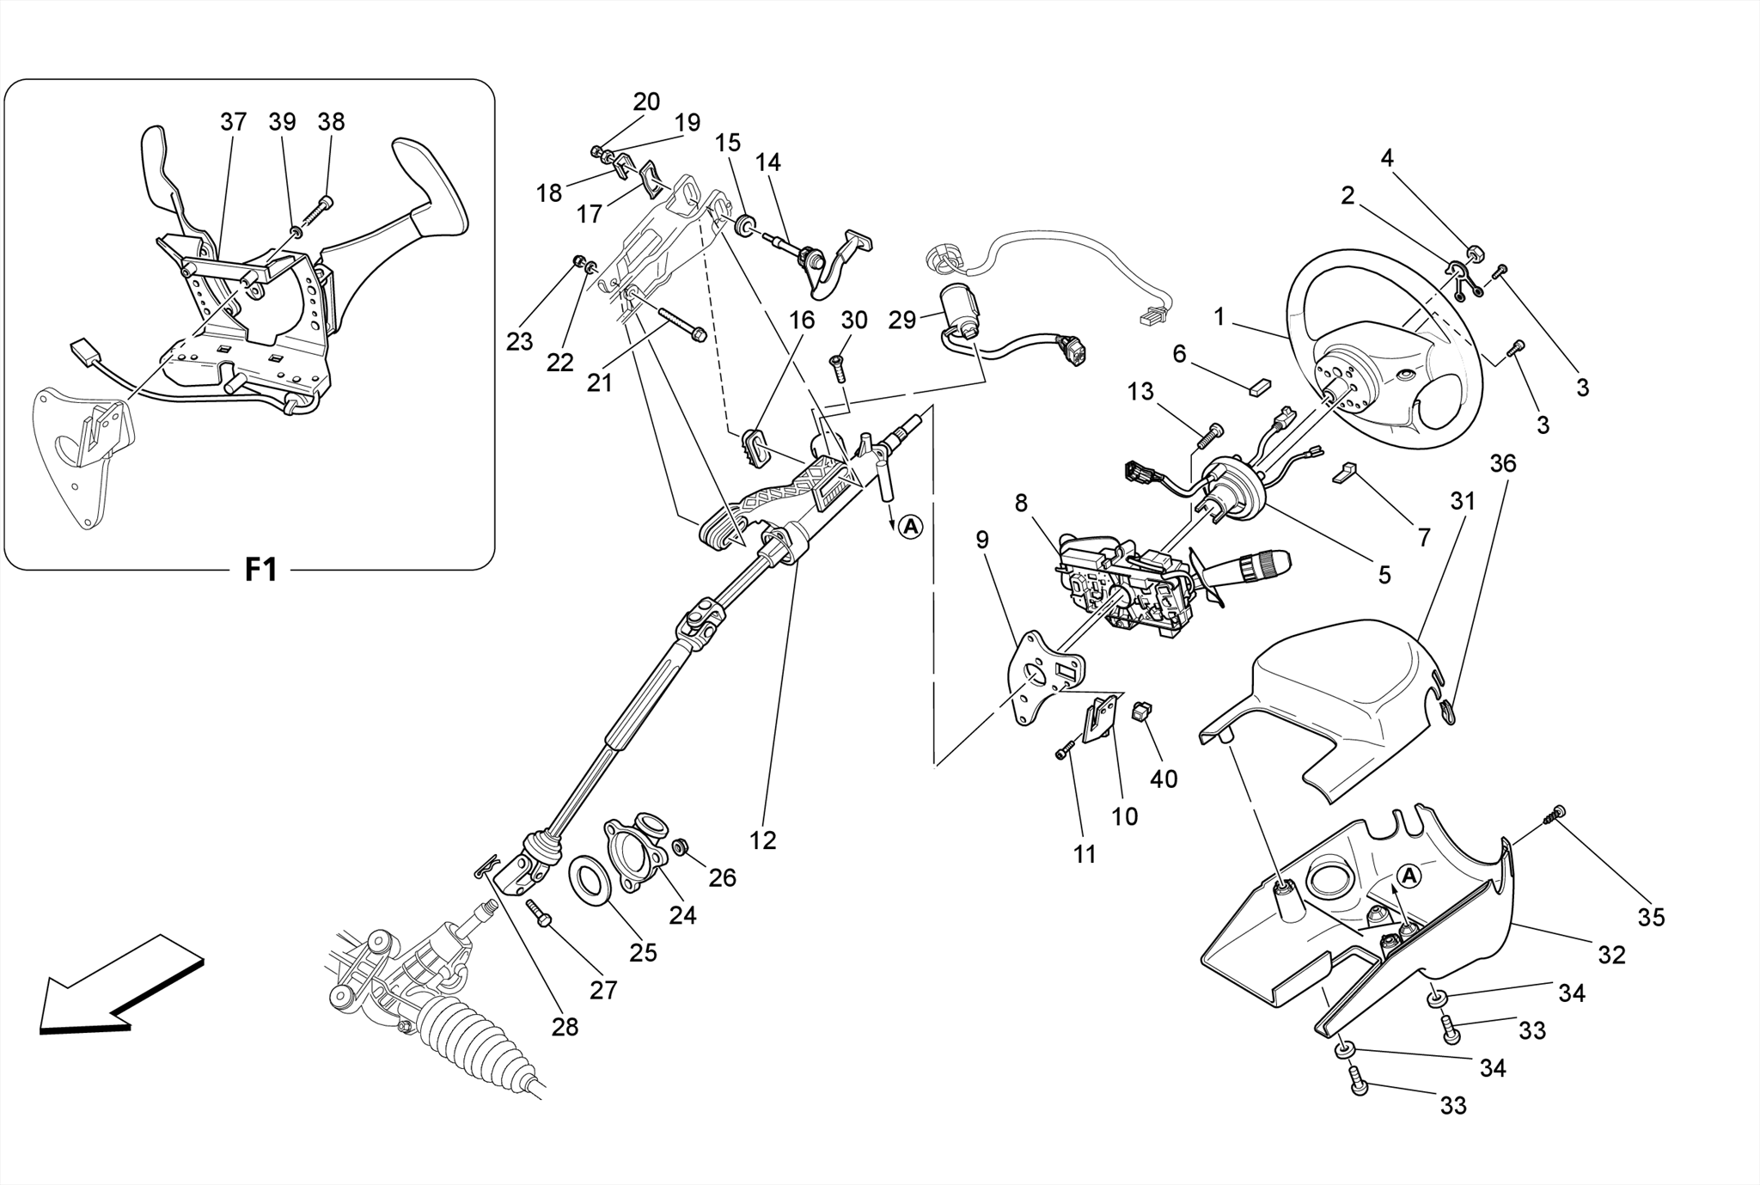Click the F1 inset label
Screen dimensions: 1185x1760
point(260,569)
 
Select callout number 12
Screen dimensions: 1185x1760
point(762,840)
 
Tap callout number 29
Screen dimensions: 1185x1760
point(902,321)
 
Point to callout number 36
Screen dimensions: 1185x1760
point(1502,463)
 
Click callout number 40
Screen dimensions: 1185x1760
point(1164,779)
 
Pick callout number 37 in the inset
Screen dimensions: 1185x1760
point(233,122)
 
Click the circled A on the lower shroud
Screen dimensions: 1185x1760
point(1409,876)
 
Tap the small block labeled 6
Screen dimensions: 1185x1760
point(1259,386)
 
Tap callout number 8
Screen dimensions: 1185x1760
point(1020,503)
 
